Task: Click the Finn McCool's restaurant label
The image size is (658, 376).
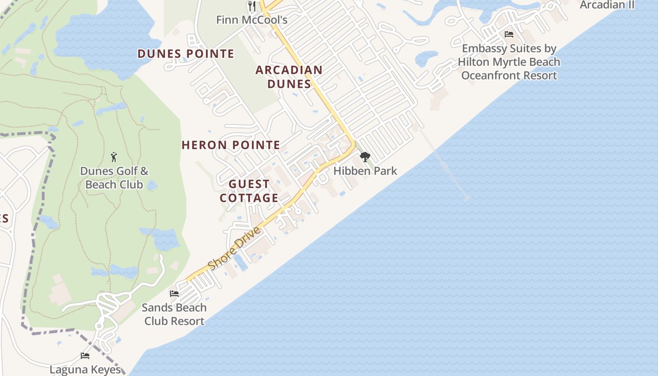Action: (x=251, y=20)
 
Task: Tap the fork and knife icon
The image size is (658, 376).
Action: (x=252, y=6)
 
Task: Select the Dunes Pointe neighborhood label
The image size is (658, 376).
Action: (x=186, y=54)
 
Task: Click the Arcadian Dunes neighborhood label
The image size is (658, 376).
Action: (x=289, y=77)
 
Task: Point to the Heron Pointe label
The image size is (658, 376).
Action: (x=231, y=145)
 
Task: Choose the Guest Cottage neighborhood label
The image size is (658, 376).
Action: (x=249, y=191)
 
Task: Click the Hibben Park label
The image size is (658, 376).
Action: (x=365, y=171)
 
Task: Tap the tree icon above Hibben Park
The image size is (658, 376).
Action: (x=365, y=157)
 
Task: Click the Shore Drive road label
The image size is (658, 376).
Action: (x=234, y=249)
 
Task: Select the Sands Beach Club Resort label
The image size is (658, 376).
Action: (x=174, y=314)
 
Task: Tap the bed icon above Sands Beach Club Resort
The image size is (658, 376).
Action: (x=174, y=294)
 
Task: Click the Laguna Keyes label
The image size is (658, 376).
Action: (x=85, y=370)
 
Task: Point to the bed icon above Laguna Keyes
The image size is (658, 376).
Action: (x=85, y=356)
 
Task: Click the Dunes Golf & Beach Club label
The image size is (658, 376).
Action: (x=114, y=178)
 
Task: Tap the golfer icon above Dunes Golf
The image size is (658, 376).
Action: (x=114, y=157)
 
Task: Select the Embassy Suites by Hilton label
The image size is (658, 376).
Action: (x=509, y=62)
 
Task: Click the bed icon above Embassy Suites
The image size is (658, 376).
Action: (x=509, y=34)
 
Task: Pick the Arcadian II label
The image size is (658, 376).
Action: (x=607, y=5)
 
